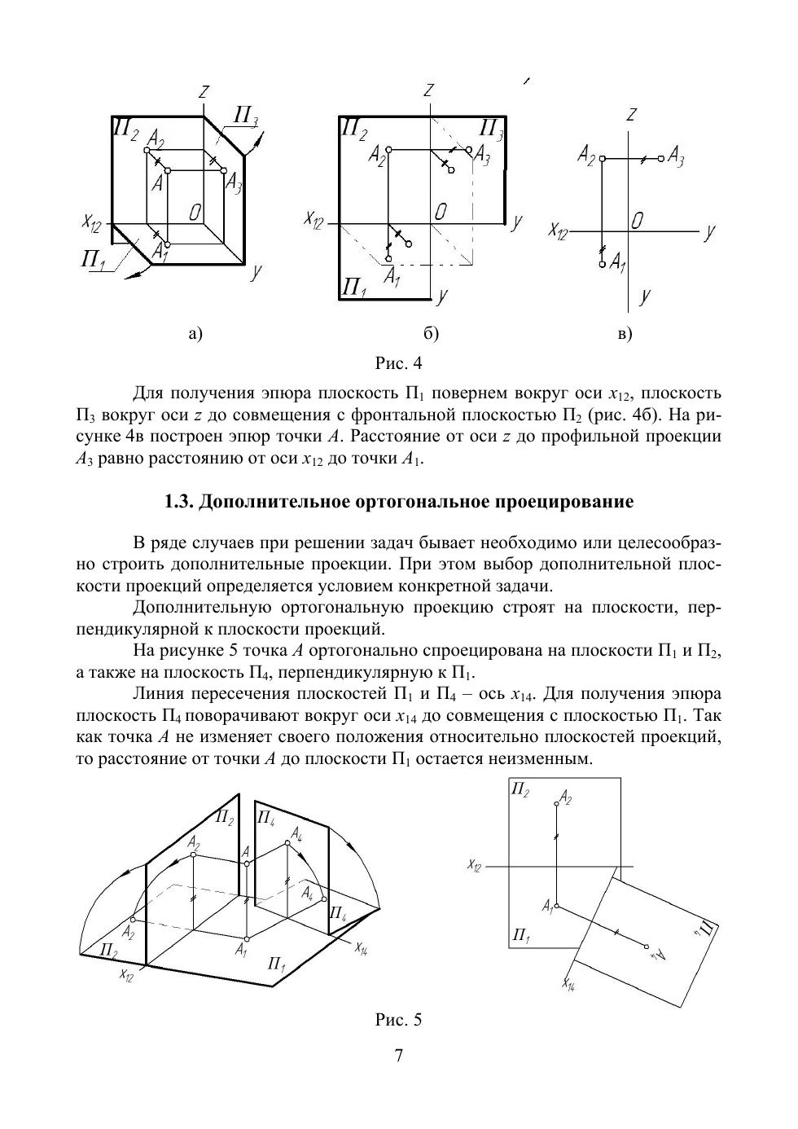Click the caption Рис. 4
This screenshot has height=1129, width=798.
pos(398,362)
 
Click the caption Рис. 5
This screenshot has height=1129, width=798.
pos(398,1019)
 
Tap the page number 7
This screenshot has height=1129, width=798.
pos(398,1057)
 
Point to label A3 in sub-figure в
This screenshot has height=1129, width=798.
pos(676,156)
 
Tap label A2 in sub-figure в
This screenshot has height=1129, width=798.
pos(586,154)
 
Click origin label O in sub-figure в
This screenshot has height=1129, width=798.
pos(638,221)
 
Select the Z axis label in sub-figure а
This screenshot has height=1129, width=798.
pos(204,93)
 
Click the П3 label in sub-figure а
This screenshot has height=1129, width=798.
pos(245,116)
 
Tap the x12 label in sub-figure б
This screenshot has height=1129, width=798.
pos(314,219)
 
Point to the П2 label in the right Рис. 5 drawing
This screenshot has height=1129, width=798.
pos(520,789)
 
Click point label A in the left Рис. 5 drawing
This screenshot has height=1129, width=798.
pos(245,852)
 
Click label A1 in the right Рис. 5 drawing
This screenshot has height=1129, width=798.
pos(547,906)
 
